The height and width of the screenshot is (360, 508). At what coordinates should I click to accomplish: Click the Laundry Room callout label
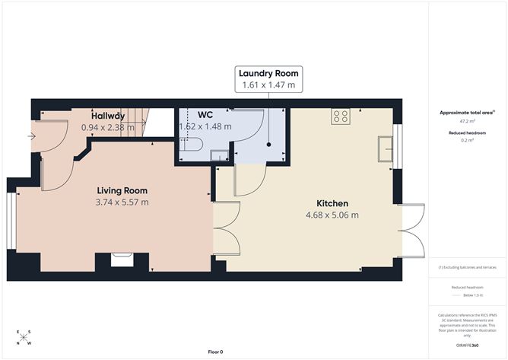(x=268, y=73)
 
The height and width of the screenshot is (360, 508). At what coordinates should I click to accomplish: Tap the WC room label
(x=205, y=115)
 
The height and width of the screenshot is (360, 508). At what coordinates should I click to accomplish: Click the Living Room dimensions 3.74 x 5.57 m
(x=122, y=202)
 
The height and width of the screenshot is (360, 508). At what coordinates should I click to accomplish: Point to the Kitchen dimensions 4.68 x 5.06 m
(x=332, y=215)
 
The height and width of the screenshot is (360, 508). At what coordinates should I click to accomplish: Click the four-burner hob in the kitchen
(x=340, y=117)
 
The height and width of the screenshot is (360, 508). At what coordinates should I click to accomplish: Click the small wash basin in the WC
(x=218, y=157)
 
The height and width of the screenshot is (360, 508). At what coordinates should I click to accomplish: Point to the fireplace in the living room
(x=122, y=260)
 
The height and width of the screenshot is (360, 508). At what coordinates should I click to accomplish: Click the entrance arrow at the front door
(x=30, y=137)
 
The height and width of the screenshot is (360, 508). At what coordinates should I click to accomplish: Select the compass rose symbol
(x=25, y=338)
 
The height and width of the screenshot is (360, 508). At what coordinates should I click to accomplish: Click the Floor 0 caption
(x=215, y=352)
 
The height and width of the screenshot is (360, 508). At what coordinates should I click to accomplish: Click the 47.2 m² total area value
(x=467, y=121)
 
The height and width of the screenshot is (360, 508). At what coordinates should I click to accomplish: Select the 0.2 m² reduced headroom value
(x=467, y=140)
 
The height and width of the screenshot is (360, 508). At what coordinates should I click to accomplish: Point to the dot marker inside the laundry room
(x=268, y=144)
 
